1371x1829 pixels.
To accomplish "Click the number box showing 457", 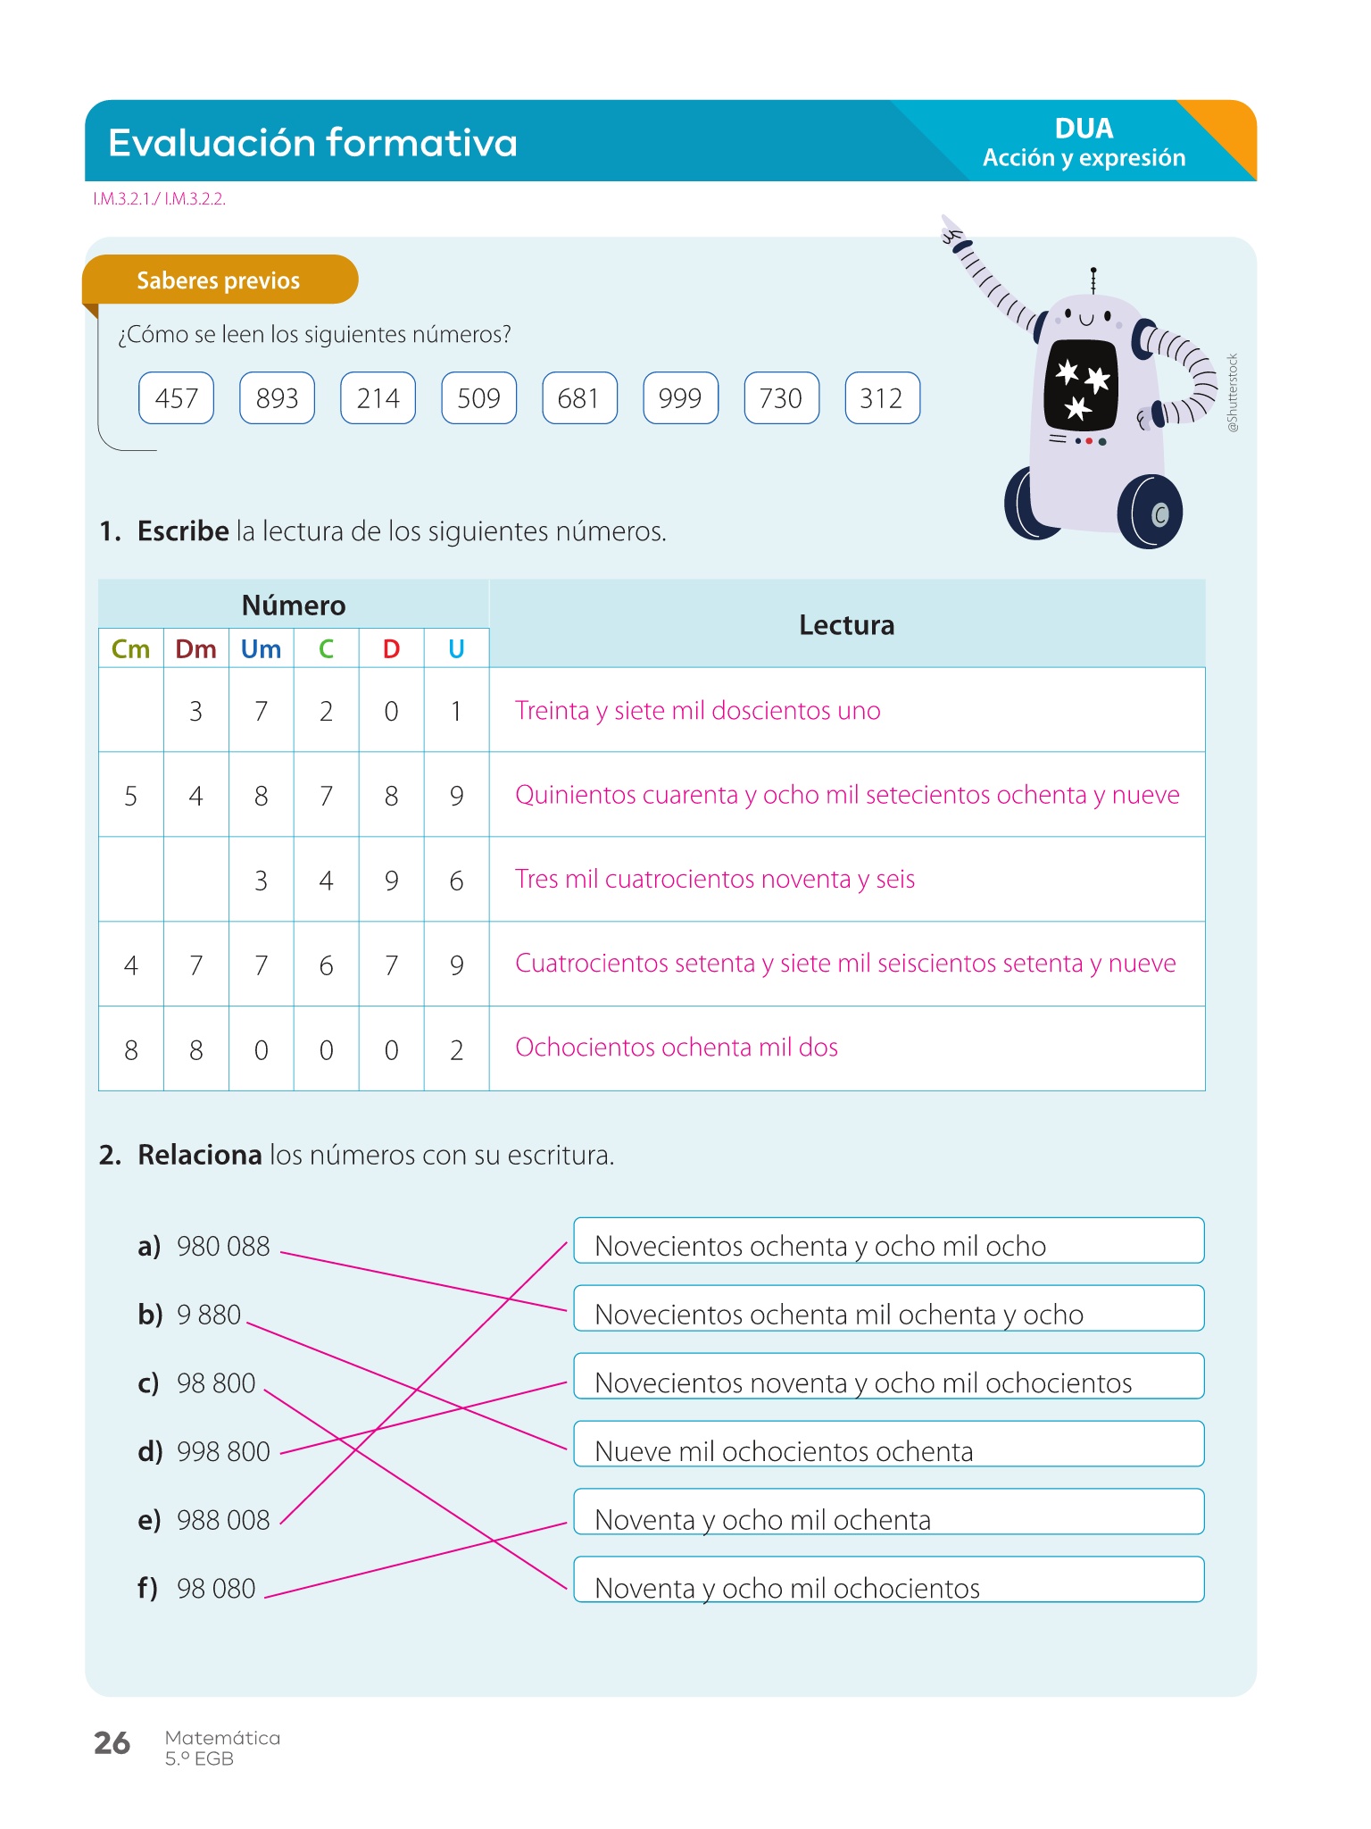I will coord(176,398).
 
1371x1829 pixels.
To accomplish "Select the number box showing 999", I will coord(680,398).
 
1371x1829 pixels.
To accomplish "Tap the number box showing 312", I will coord(882,398).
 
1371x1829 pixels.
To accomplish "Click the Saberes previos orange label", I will coord(219,280).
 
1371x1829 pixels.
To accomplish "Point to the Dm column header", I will coord(195,649).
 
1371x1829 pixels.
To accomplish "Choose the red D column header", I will coord(391,649).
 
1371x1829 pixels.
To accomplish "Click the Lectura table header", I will coord(846,625).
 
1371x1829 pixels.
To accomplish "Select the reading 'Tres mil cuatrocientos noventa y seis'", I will coord(715,880).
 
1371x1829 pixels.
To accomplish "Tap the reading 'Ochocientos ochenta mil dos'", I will coord(677,1048).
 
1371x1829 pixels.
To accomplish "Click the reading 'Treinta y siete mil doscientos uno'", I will coord(697,711).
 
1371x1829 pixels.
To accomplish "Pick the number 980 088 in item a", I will coord(223,1247).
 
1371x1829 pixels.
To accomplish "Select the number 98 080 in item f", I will coord(216,1589).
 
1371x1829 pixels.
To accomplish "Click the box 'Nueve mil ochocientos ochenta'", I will coord(888,1445).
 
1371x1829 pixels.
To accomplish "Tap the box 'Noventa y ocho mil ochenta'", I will coord(888,1513).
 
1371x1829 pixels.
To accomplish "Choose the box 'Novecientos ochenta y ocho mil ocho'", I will coord(888,1241).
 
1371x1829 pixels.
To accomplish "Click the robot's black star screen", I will coord(1081,385).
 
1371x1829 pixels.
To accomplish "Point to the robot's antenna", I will coord(1093,280).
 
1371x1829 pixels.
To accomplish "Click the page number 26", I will coord(112,1743).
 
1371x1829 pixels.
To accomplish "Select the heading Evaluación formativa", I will coord(312,143).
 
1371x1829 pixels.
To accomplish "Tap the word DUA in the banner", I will coord(1084,129).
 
